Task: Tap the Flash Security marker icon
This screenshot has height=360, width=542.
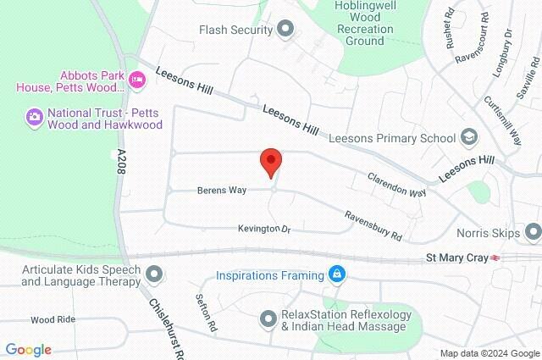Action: point(285,30)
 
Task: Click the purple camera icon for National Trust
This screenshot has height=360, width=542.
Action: point(35,115)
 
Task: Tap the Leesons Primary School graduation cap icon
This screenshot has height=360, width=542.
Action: point(469,136)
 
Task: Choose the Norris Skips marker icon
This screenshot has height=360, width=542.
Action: point(533,230)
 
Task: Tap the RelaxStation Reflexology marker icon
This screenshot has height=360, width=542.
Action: point(268,318)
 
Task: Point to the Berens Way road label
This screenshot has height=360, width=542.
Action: point(223,191)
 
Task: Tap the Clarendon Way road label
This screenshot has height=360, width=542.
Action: point(396,186)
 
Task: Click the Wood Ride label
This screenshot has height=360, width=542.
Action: point(53,320)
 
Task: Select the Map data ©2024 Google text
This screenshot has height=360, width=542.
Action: point(489,353)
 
